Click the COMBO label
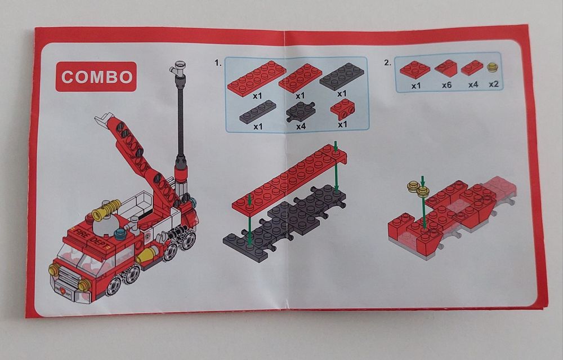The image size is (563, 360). tap(96, 77)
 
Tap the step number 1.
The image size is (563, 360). tap(218, 63)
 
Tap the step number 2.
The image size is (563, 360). tap(387, 62)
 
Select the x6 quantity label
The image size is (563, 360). tap(446, 85)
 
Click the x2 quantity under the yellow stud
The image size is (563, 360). tap(494, 84)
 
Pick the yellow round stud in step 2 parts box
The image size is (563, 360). tap(493, 67)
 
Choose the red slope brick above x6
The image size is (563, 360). tap(445, 68)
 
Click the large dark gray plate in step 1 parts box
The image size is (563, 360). tap(342, 76)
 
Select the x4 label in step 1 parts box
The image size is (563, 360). tap(301, 126)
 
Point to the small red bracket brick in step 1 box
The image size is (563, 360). tap(342, 109)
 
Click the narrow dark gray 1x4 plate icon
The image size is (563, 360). tap(258, 112)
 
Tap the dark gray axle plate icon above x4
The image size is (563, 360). tap(301, 112)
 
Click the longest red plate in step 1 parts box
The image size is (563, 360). tap(256, 77)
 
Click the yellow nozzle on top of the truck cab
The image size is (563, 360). tap(106, 210)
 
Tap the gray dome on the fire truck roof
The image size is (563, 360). tap(105, 225)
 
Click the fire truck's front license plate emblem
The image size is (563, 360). tap(64, 292)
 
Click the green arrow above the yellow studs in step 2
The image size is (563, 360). tap(422, 181)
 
